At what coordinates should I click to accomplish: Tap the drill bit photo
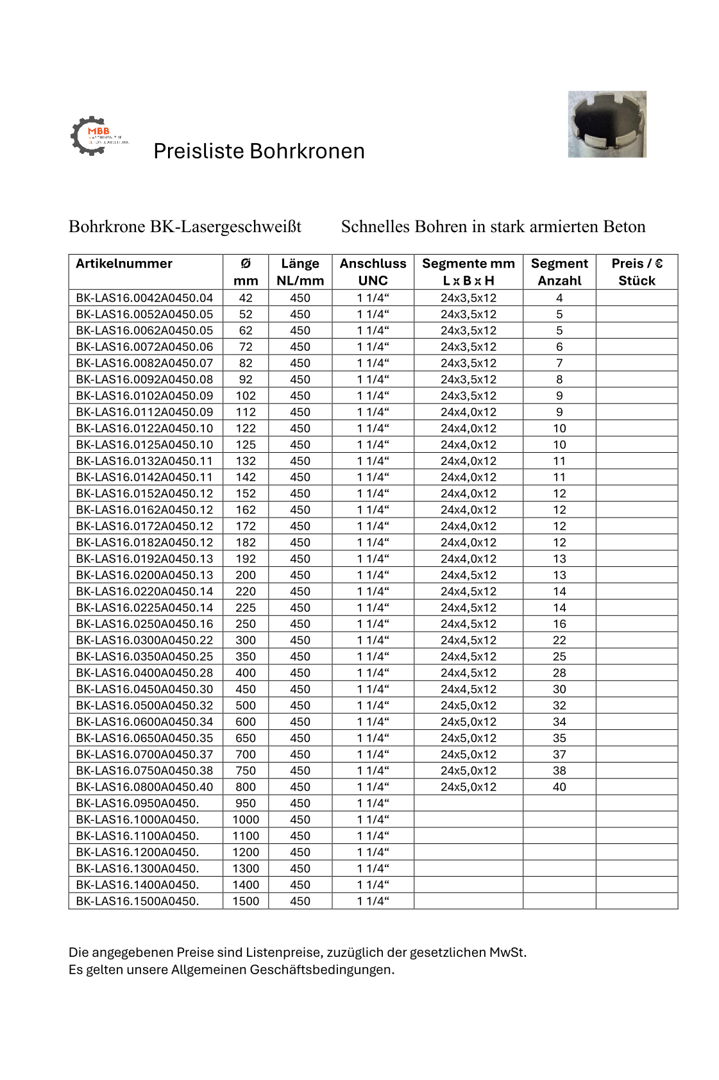click(x=606, y=124)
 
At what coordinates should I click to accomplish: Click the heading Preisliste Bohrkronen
click(x=258, y=151)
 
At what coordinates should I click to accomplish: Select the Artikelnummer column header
click(x=124, y=264)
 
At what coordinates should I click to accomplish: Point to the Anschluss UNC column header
click(x=373, y=272)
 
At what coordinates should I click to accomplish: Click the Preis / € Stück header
click(x=636, y=272)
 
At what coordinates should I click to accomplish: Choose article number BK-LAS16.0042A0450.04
click(x=144, y=298)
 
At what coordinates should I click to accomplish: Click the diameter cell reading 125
click(x=246, y=444)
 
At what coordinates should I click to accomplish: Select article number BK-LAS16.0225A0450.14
click(x=144, y=607)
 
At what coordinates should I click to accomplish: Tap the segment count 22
click(x=559, y=640)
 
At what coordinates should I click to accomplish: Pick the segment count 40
click(x=559, y=787)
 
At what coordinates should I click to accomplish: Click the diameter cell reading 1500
click(x=246, y=901)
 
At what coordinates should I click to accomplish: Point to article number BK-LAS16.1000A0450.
click(x=137, y=820)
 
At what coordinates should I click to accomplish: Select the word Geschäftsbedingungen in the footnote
click(x=322, y=970)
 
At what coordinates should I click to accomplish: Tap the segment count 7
click(x=559, y=363)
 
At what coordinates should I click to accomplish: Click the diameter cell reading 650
click(x=246, y=738)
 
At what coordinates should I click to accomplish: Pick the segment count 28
click(x=559, y=673)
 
